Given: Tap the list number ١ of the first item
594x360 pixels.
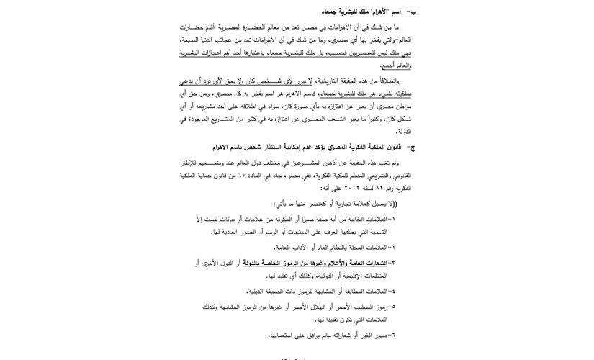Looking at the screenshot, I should tap(392, 219).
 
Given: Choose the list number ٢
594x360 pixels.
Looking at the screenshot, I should tap(392, 247).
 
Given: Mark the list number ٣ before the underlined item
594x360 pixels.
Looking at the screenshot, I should tap(392, 263).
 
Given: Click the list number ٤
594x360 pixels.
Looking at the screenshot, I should tap(392, 291).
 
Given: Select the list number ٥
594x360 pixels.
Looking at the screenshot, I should tap(392, 307).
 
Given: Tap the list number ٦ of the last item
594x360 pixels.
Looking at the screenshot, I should tap(392, 335).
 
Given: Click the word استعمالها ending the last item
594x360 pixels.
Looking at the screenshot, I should tap(282, 335).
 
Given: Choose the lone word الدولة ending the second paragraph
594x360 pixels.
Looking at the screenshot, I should tap(403, 132).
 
